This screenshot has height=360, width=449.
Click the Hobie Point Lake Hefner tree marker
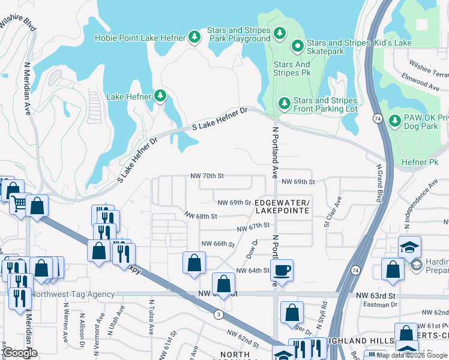194,38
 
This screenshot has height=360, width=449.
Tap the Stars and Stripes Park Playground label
238,34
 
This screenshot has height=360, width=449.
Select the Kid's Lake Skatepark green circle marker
297,46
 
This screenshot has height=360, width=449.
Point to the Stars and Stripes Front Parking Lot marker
284,104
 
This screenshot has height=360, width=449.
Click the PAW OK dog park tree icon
394,122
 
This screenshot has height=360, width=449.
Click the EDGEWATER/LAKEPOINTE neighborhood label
282,206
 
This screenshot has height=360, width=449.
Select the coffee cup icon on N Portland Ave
282,270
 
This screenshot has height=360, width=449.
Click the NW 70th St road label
206,176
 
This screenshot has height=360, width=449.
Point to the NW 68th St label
200,215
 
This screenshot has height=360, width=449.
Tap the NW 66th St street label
217,244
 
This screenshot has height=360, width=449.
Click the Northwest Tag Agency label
73,294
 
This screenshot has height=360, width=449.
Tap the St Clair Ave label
333,212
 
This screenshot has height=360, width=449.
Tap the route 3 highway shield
218,314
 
